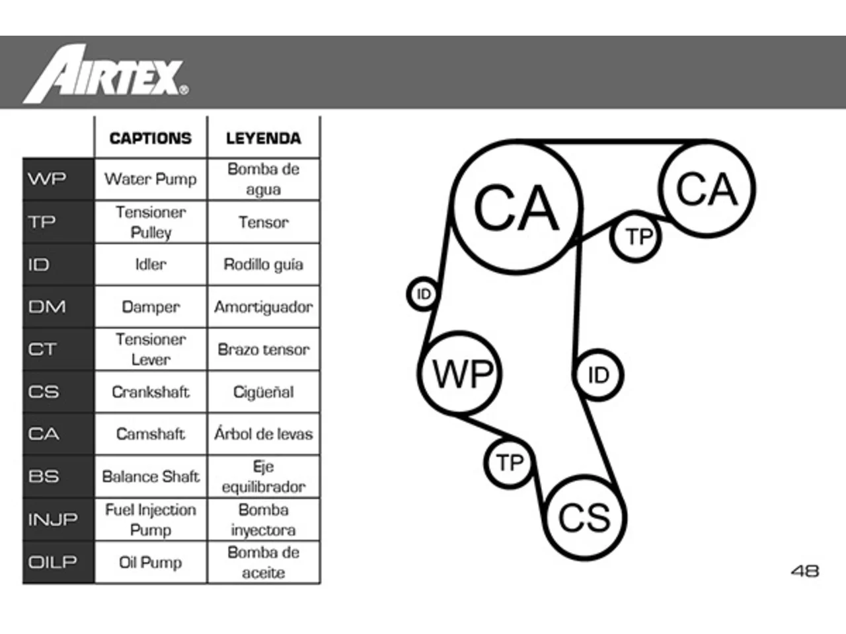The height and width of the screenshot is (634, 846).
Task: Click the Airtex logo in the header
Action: click(x=106, y=73)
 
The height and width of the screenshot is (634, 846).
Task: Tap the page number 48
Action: click(x=805, y=571)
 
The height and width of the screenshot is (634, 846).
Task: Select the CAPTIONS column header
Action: click(x=150, y=138)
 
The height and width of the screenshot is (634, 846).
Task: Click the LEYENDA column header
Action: click(x=264, y=138)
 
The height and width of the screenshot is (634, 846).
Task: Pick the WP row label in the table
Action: click(x=47, y=178)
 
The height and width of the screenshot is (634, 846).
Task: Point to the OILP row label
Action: click(x=52, y=562)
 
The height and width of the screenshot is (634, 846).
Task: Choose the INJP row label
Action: click(x=53, y=519)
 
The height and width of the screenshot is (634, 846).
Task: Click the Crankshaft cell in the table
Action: click(x=151, y=392)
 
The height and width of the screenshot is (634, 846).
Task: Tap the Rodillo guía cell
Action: click(x=264, y=264)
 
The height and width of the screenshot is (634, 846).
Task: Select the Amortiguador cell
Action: click(x=264, y=307)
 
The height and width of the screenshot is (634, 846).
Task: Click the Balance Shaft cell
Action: click(x=151, y=477)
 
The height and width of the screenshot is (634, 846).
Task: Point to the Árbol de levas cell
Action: click(x=264, y=434)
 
